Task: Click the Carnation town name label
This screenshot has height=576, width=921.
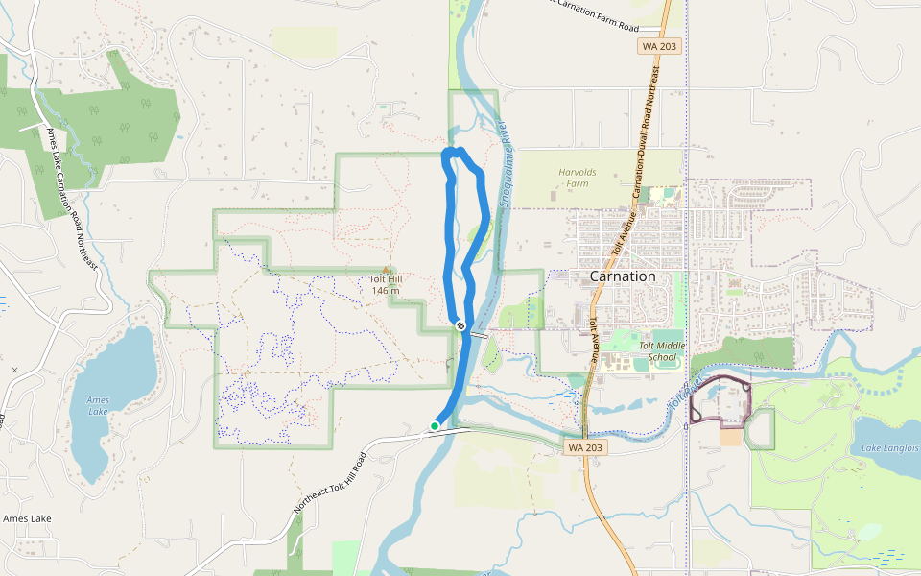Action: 623,276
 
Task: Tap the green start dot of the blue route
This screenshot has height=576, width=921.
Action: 435,425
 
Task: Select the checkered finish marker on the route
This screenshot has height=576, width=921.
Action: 461,324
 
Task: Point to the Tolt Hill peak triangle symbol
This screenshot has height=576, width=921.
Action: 386,270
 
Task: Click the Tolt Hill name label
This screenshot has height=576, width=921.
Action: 386,280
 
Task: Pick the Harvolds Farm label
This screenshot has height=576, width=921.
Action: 577,178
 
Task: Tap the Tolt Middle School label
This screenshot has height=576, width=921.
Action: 662,352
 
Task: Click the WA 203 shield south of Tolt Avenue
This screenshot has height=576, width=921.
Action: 584,447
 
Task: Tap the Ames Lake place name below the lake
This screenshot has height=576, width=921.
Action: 27,518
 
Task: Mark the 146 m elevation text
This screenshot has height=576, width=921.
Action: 385,291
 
